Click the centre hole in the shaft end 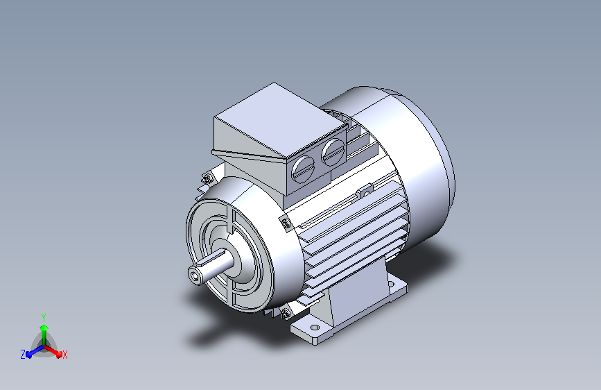[x=196, y=275]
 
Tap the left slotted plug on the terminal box [x=303, y=169]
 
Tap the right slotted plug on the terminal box [x=333, y=152]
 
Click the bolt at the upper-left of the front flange [x=207, y=178]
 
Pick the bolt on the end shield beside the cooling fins [x=286, y=223]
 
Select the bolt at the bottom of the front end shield [x=285, y=314]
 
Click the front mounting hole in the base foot [x=314, y=328]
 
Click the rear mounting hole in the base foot [x=390, y=284]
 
